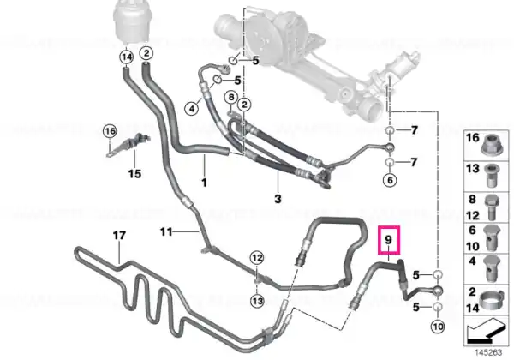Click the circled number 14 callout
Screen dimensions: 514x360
pos(127,57)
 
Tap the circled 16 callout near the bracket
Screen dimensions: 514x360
pos(110,131)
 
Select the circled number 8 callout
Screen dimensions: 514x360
pos(231,98)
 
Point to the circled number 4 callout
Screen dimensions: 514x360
pos(192,108)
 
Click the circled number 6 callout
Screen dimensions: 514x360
pos(390,180)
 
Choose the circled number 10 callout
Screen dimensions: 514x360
pos(438,327)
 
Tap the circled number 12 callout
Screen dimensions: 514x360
pos(257,258)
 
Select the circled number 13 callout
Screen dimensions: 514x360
pos(257,301)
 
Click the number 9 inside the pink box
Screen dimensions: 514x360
pos(388,240)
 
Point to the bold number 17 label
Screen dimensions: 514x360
pos(119,236)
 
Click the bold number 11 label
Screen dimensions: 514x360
pos(166,232)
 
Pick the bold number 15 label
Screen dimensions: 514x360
pos(134,173)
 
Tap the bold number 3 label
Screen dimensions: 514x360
pos(278,199)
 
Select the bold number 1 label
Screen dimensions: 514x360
pos(204,183)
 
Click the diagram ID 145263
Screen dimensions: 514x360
pos(488,352)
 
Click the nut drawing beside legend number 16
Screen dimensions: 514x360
pos(492,145)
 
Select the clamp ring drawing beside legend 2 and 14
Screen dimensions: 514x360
pos(492,300)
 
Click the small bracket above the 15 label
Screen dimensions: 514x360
pos(128,144)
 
